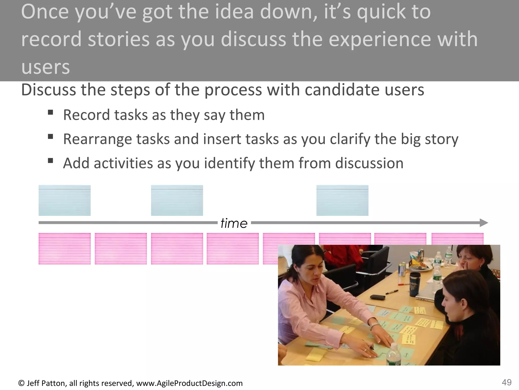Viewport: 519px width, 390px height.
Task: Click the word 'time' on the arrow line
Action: click(x=234, y=223)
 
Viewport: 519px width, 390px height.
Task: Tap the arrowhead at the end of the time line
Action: click(x=484, y=223)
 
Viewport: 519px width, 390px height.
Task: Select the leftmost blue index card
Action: click(x=64, y=200)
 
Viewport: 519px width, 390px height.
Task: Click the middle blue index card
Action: click(x=177, y=200)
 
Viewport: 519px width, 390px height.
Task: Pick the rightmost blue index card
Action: click(x=342, y=200)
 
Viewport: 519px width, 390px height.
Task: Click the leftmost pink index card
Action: click(x=64, y=249)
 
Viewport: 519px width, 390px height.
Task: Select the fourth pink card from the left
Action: click(x=233, y=249)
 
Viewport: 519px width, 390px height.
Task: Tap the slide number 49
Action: click(x=507, y=382)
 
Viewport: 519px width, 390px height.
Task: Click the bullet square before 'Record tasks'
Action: click(x=50, y=112)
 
